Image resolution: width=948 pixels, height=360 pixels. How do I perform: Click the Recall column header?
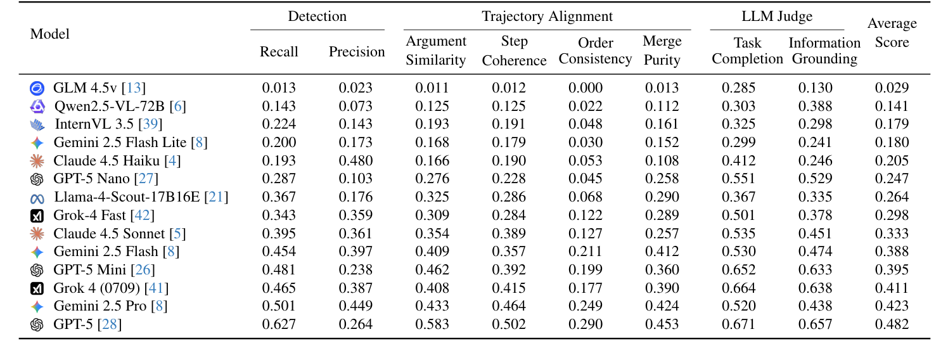coord(279,52)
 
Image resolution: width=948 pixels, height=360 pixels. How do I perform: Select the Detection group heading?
coord(317,16)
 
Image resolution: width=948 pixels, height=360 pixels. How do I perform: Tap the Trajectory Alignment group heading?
coord(547,16)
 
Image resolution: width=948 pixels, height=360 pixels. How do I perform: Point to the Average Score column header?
coord(892,33)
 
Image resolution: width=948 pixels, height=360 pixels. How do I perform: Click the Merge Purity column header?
coord(662,51)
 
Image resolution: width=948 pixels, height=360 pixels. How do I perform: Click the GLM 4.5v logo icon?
coord(37,89)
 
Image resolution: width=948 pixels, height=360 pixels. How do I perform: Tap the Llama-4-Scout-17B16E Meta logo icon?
coord(37,198)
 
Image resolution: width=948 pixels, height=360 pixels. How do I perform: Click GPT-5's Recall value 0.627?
coord(279,325)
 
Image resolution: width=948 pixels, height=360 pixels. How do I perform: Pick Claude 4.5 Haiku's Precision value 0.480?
coord(355,161)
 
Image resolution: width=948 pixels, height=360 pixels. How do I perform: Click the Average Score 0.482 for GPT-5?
coord(892,325)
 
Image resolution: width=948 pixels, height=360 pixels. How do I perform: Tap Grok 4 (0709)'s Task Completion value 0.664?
coord(738,289)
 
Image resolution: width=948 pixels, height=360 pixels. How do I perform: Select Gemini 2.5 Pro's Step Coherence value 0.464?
coord(509,307)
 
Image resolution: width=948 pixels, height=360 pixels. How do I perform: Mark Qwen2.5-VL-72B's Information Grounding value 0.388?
coord(816,106)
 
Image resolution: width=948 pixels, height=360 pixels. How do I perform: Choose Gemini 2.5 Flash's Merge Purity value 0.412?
coord(662,252)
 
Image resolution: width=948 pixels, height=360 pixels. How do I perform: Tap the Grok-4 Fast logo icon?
coord(37,216)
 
